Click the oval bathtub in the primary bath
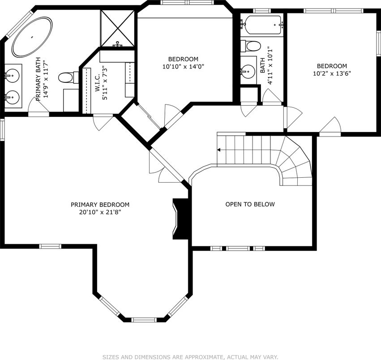[32, 37]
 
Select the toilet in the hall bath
[250, 46]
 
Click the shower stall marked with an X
[117, 28]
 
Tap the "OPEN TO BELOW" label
[250, 204]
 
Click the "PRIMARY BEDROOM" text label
[100, 205]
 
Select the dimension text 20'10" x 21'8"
[100, 212]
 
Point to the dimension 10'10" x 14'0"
[183, 66]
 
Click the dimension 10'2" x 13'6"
[332, 73]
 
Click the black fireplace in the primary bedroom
[180, 219]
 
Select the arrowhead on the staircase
[218, 150]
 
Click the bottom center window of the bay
[144, 320]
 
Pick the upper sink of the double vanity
[12, 75]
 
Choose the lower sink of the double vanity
[12, 98]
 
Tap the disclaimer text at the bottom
[190, 357]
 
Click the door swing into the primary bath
[39, 104]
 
